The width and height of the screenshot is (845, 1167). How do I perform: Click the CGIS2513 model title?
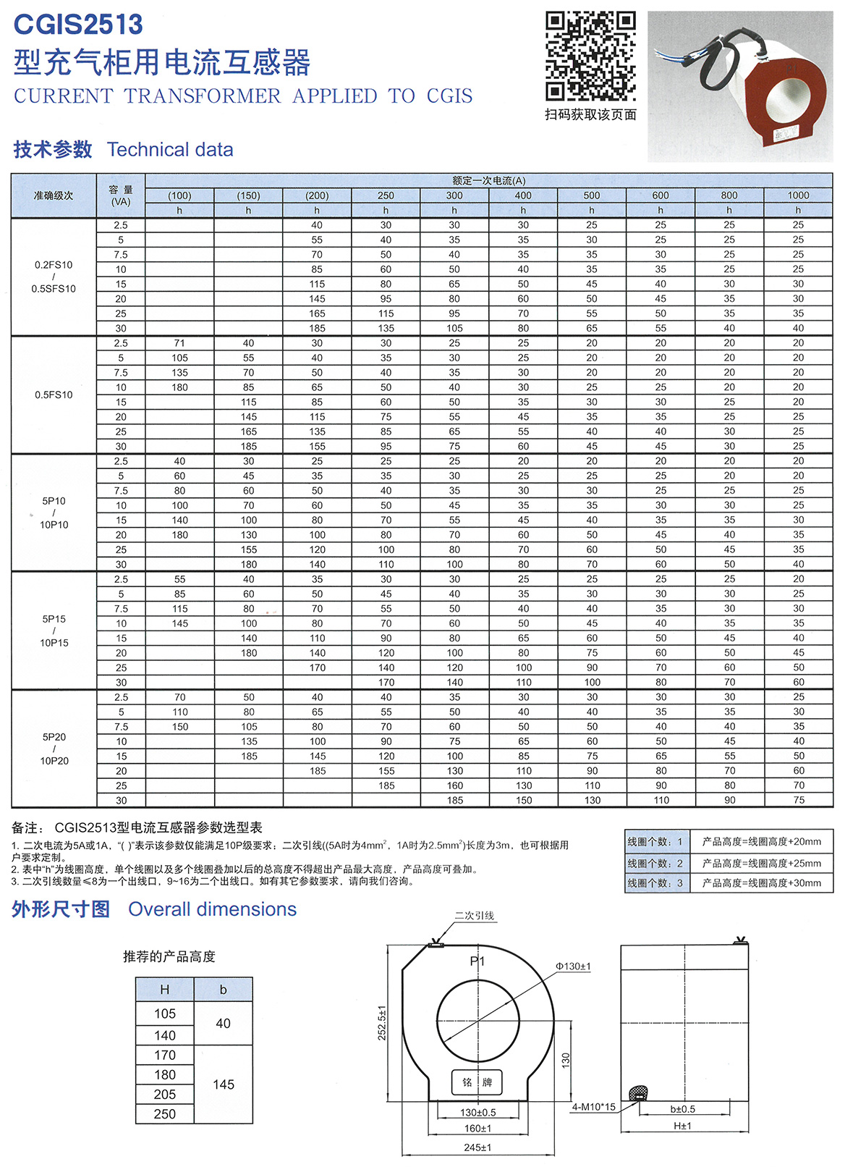tap(78, 25)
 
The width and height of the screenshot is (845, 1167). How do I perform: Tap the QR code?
tap(590, 56)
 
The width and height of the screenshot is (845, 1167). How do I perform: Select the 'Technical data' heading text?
tap(170, 150)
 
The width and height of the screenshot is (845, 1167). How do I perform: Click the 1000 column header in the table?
tap(798, 195)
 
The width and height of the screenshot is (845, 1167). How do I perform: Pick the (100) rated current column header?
tap(179, 195)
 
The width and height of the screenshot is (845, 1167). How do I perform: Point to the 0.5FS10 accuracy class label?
tap(54, 395)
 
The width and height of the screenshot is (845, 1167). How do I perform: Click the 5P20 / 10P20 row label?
tap(54, 749)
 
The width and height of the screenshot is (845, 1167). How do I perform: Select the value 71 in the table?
tap(179, 343)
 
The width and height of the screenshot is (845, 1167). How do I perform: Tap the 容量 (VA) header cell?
tap(121, 195)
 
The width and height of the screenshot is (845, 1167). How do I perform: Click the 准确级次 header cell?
tap(54, 195)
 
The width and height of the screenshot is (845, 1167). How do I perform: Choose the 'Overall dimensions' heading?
tap(212, 909)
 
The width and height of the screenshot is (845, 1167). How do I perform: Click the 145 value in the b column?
tap(224, 1084)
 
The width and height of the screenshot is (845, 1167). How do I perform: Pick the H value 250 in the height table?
tap(165, 1114)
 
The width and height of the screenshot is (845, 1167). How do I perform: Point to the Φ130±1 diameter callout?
tap(573, 966)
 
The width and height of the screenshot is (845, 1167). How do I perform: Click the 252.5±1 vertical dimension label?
tap(382, 1022)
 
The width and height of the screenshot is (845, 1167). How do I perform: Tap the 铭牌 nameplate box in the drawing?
tap(477, 1082)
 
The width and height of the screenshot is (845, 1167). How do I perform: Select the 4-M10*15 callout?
tap(593, 1107)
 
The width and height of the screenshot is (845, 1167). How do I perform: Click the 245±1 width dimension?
tap(477, 1147)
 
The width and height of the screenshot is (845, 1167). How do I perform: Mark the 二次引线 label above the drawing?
tap(475, 916)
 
